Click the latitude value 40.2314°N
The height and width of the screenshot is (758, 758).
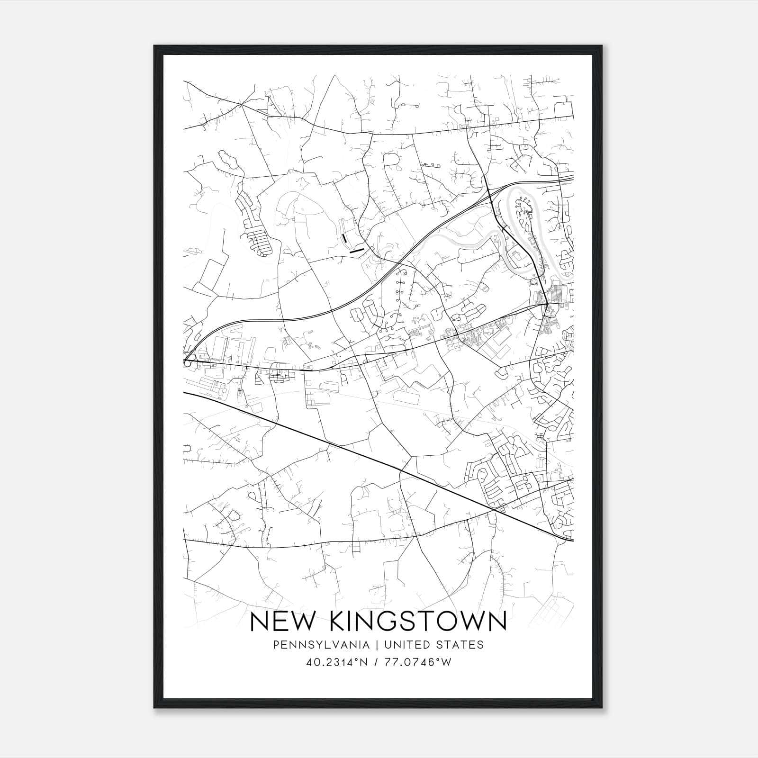tap(338, 662)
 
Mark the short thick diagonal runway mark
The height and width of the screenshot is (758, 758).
tap(356, 250)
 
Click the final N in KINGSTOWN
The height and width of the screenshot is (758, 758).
tap(497, 622)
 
